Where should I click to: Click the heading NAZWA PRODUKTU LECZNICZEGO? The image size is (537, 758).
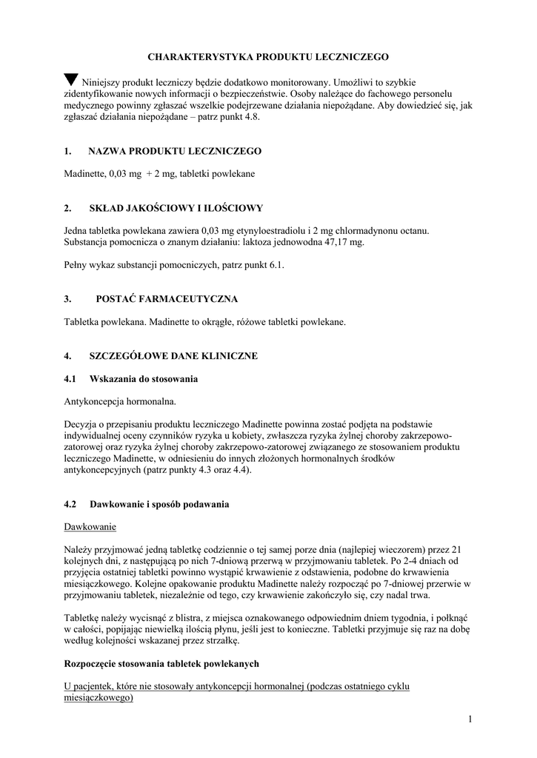[174, 151]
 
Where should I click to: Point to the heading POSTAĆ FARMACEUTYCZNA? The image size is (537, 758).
[167, 299]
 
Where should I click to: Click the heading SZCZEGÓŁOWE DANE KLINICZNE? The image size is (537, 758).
[173, 356]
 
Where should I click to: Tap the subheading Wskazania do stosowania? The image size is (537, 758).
[144, 379]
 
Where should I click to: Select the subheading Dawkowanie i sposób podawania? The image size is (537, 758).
[159, 504]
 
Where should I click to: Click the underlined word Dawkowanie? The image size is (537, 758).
[90, 527]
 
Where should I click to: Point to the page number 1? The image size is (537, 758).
[470, 718]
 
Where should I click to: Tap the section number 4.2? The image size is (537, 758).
[71, 504]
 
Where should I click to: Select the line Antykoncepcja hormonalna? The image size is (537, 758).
[120, 401]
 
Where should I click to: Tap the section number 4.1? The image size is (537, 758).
[71, 379]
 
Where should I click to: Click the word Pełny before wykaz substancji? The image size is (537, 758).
[78, 264]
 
